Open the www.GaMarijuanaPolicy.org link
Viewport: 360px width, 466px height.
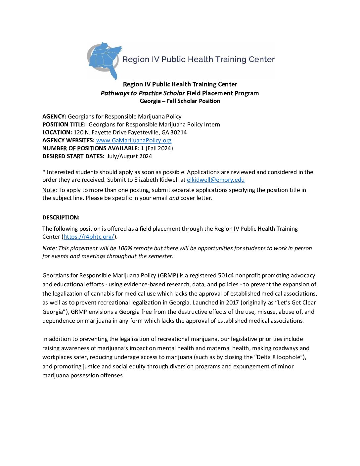pyautogui.click(x=134, y=140)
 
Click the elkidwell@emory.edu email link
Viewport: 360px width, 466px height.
pyautogui.click(x=215, y=180)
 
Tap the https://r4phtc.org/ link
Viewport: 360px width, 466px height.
pyautogui.click(x=89, y=237)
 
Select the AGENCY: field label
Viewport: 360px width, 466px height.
pyautogui.click(x=54, y=117)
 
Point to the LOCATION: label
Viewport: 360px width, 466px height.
pyautogui.click(x=57, y=132)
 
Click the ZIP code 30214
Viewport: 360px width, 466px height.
pyautogui.click(x=179, y=132)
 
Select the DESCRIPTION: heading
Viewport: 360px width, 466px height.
pyautogui.click(x=61, y=217)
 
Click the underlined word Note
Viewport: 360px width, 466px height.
pyautogui.click(x=49, y=190)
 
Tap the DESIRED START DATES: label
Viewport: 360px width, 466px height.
pyautogui.click(x=73, y=156)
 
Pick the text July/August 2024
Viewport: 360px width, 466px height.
pyautogui.click(x=129, y=156)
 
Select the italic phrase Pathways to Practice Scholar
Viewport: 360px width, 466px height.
pyautogui.click(x=143, y=93)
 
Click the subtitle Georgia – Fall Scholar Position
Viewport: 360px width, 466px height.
pyautogui.click(x=180, y=101)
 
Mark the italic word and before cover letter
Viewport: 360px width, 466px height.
pyautogui.click(x=174, y=198)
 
